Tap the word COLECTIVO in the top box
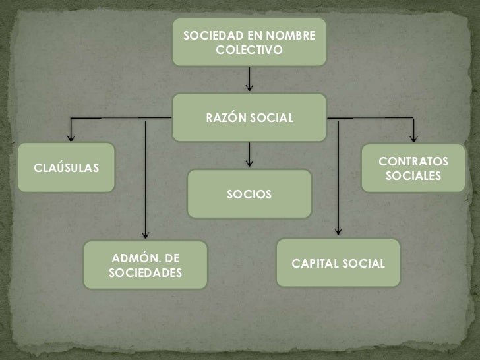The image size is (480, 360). [x=249, y=50]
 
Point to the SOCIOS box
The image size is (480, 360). [x=249, y=195]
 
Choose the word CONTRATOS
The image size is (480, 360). [x=413, y=162]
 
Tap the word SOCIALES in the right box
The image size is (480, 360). [x=413, y=177]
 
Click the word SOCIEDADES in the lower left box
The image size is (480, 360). [x=145, y=272]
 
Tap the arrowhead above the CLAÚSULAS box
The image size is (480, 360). [x=71, y=138]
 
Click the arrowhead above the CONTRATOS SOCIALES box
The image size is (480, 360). [x=413, y=138]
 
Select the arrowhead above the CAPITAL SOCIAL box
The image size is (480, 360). [x=338, y=231]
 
